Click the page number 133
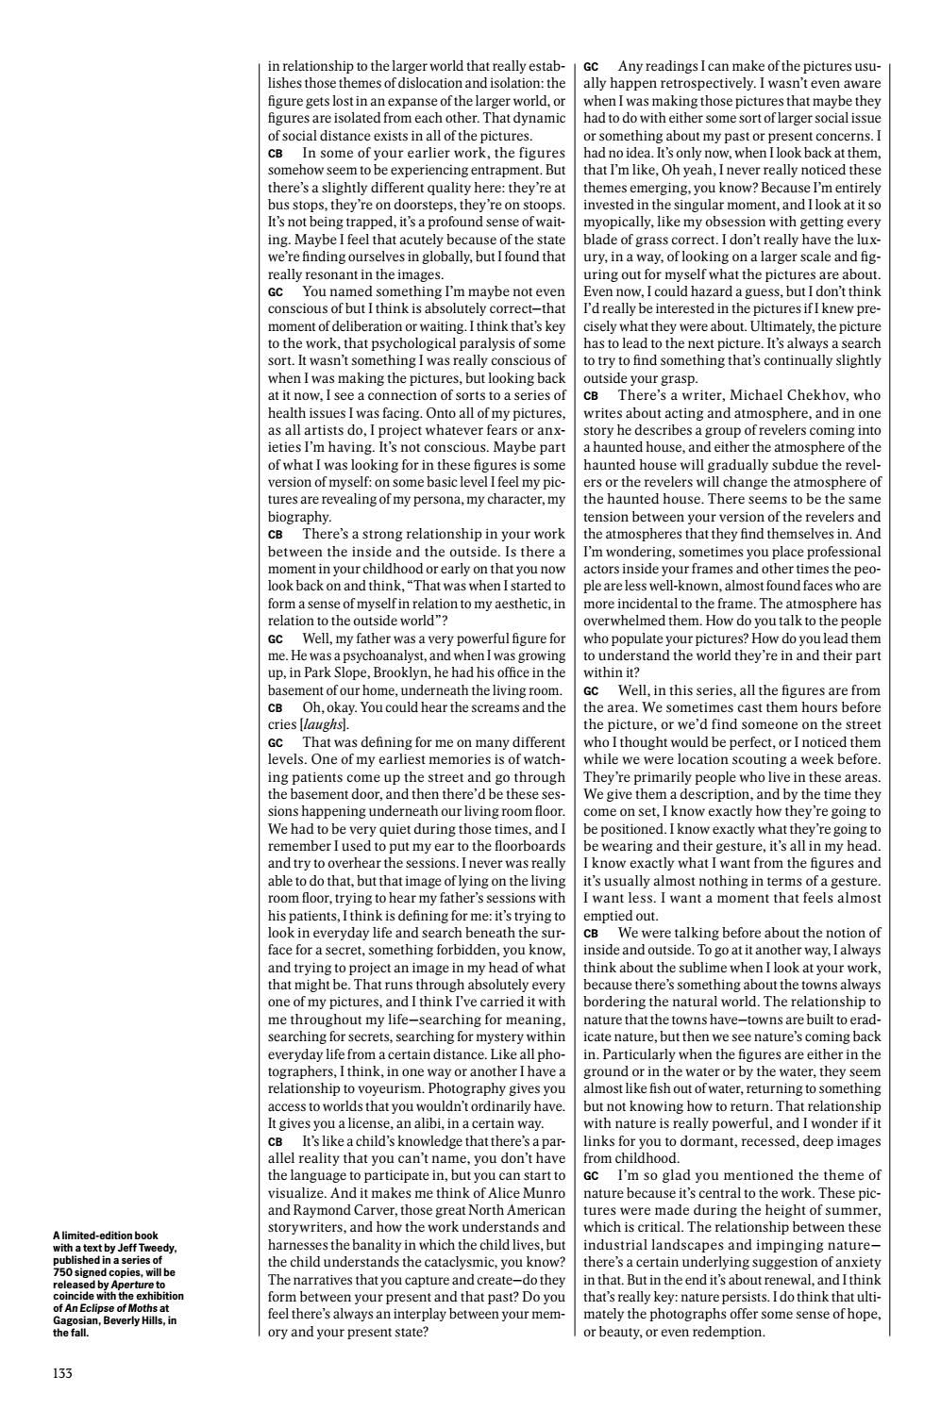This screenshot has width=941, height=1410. pyautogui.click(x=63, y=1373)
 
